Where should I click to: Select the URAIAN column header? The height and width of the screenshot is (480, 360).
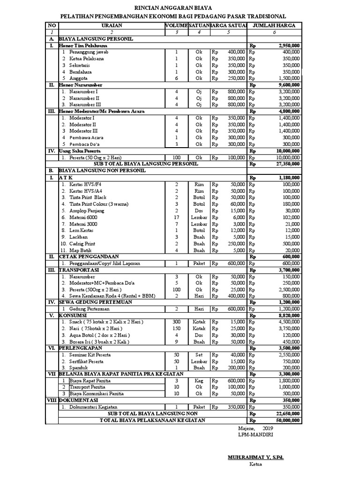coord(111,25)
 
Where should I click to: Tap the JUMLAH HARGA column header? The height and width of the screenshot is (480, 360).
coord(274,25)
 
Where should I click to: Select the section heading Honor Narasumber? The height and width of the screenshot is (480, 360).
coord(81,85)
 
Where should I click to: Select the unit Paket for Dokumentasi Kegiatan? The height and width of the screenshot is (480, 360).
coord(199,407)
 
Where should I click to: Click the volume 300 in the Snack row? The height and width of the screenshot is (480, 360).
coord(176,322)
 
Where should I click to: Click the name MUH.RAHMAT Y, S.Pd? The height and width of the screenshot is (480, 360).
coord(255,456)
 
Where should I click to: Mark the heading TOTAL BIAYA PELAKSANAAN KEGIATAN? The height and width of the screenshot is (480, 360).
coord(152,420)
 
